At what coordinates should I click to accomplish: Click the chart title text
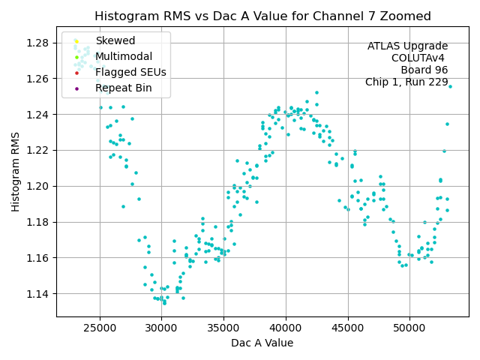click(x=262, y=16)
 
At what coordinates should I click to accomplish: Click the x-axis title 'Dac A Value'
click(x=262, y=343)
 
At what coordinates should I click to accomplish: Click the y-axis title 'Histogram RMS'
click(x=16, y=172)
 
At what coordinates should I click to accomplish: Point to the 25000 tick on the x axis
click(x=100, y=328)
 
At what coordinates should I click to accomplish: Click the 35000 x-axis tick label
click(x=223, y=328)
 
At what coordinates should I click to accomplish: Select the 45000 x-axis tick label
click(x=348, y=328)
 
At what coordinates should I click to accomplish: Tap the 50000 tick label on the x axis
click(x=410, y=328)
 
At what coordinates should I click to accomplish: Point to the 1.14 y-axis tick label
click(x=37, y=293)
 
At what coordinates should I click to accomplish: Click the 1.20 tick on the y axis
click(x=37, y=186)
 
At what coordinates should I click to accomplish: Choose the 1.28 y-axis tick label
click(x=37, y=43)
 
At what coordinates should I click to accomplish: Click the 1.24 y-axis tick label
click(x=37, y=114)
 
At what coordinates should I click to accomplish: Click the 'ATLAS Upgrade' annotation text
click(x=407, y=46)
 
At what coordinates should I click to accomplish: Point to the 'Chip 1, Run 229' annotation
click(x=406, y=82)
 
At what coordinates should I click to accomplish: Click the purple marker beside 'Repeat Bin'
click(x=76, y=88)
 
